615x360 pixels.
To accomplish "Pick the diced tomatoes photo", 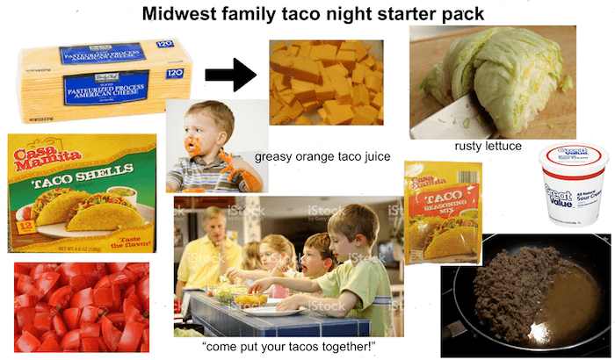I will (x=82, y=307).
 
